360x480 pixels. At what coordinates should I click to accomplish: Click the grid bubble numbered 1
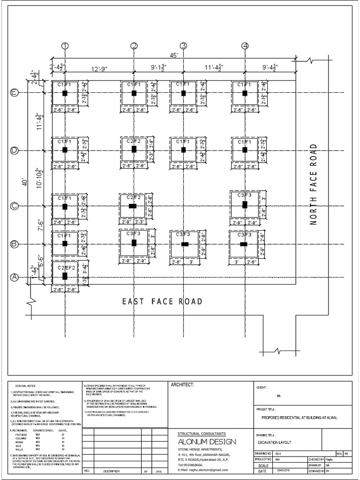[65, 45]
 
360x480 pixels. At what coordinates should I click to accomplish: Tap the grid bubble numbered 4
[245, 45]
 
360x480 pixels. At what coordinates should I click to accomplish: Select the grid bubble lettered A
[14, 277]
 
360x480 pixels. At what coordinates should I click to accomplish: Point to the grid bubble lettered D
[14, 150]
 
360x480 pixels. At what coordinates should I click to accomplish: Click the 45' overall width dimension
[174, 55]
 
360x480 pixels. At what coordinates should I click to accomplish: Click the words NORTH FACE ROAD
[314, 185]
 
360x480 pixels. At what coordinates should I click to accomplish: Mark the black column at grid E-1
[65, 93]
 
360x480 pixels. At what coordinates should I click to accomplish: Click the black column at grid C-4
[245, 204]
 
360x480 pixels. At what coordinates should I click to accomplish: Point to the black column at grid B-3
[185, 244]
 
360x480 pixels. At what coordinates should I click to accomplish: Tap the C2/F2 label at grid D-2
[134, 141]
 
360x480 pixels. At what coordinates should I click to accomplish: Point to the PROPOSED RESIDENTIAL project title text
[299, 417]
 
